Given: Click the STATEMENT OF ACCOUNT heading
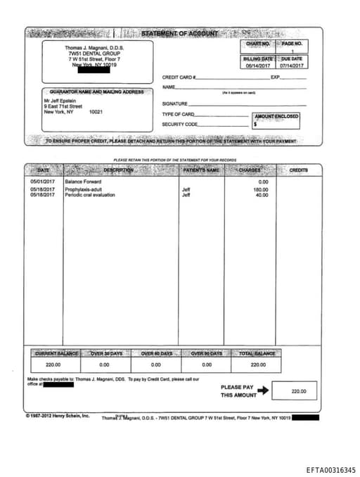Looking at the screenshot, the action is (179, 34).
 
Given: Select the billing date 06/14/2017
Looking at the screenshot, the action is (258, 65).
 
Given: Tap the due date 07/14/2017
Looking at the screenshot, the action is (292, 65).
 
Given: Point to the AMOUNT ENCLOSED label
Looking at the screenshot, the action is (276, 116).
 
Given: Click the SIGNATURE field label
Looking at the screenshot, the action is (174, 103).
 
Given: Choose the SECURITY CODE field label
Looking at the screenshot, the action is (179, 124).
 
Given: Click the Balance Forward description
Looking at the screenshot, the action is (83, 182).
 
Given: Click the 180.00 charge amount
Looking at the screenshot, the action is (261, 190).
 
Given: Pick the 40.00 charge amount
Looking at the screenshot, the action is (262, 195).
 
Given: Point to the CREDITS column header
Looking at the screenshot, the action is (299, 170).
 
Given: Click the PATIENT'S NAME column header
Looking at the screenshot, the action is (202, 170).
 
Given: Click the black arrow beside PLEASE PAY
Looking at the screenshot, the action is (263, 390).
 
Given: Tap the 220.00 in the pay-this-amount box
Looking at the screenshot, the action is (299, 391).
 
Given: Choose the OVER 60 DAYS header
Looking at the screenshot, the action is (156, 353).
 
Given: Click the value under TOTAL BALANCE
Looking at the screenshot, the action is (258, 364).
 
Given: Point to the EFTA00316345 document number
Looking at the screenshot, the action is (330, 470).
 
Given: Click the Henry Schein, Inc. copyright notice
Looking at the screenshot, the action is (58, 416).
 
